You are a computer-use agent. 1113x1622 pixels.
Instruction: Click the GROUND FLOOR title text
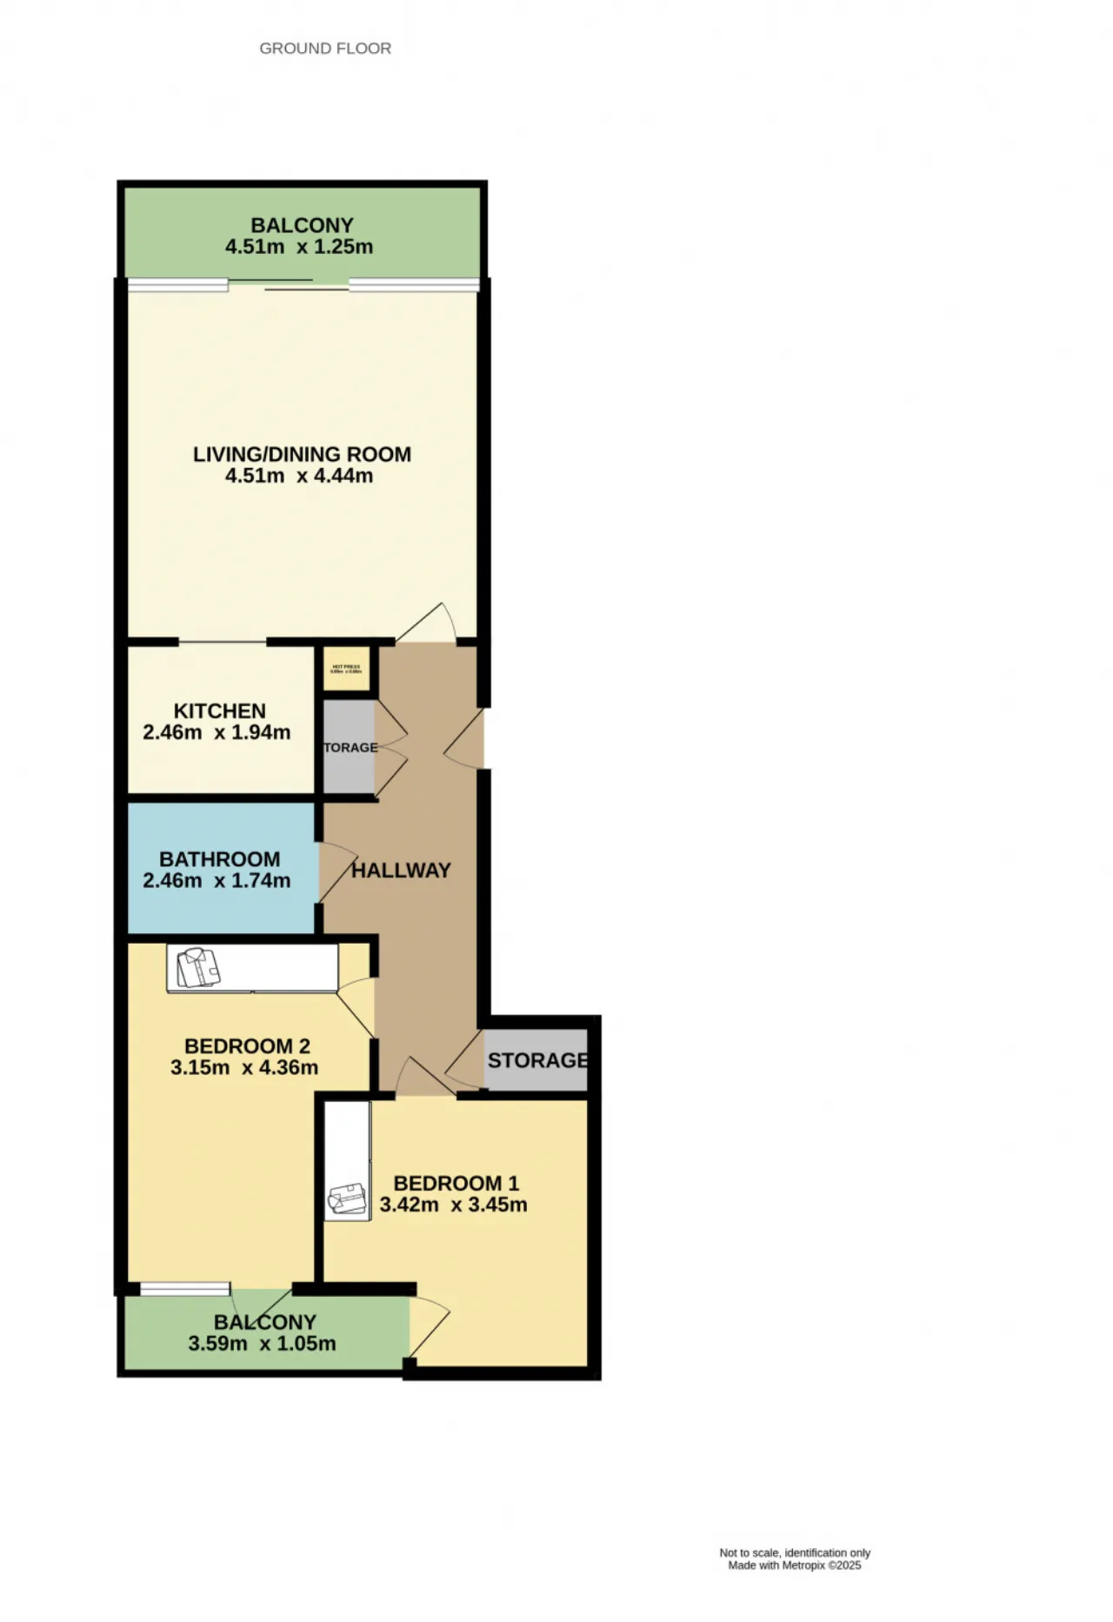pyautogui.click(x=325, y=49)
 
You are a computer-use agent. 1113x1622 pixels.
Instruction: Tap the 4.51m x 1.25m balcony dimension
pyautogui.click(x=299, y=247)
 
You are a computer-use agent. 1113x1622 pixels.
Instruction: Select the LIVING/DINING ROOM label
pyautogui.click(x=302, y=454)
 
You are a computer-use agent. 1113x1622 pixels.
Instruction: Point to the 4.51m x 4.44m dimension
pyautogui.click(x=299, y=476)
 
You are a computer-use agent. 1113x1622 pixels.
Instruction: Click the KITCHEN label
pyautogui.click(x=219, y=711)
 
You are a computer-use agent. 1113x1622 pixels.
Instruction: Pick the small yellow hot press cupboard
pyautogui.click(x=345, y=670)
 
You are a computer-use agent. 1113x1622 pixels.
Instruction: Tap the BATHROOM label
pyautogui.click(x=219, y=859)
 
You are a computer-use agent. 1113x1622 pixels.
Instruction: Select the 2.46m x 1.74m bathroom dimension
pyautogui.click(x=217, y=881)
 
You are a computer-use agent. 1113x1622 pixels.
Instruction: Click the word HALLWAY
pyautogui.click(x=401, y=871)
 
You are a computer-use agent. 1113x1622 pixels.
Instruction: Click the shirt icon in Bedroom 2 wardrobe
pyautogui.click(x=198, y=968)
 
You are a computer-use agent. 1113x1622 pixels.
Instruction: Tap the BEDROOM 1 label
pyautogui.click(x=456, y=1184)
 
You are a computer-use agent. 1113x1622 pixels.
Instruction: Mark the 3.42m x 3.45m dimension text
pyautogui.click(x=453, y=1205)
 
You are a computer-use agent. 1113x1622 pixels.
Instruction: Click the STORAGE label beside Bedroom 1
pyautogui.click(x=537, y=1061)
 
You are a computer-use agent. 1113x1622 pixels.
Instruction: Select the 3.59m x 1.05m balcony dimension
pyautogui.click(x=262, y=1344)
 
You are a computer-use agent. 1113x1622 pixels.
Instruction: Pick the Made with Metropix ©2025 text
pyautogui.click(x=794, y=1565)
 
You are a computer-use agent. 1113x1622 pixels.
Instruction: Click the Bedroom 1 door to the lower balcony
pyautogui.click(x=428, y=1327)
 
